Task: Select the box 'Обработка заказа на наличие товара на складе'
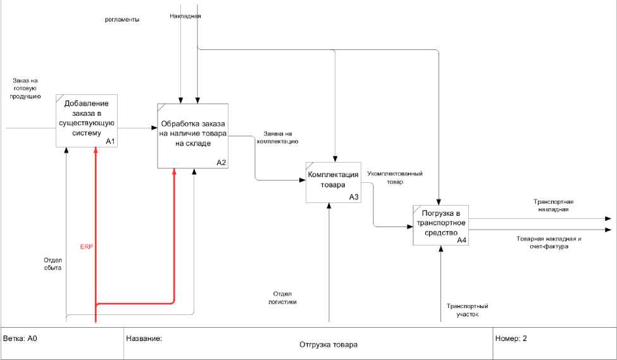[193, 134]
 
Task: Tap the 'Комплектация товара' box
[333, 180]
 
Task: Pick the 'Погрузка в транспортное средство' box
[440, 225]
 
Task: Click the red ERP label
[86, 245]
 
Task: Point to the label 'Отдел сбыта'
[53, 263]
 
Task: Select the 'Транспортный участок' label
[467, 310]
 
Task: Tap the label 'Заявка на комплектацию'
[277, 138]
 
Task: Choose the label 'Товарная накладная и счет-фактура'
[549, 243]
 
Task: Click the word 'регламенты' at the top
[122, 20]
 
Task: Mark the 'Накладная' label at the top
[185, 15]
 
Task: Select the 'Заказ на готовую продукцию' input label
[25, 89]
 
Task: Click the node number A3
[354, 197]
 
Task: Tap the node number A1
[110, 142]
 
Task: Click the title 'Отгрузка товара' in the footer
[328, 345]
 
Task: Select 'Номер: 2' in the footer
[512, 338]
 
